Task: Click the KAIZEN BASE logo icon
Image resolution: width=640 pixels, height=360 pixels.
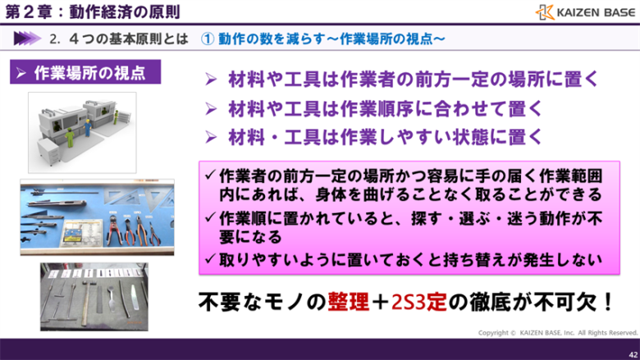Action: click(546, 12)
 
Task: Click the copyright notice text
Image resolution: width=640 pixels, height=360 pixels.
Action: click(558, 332)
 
